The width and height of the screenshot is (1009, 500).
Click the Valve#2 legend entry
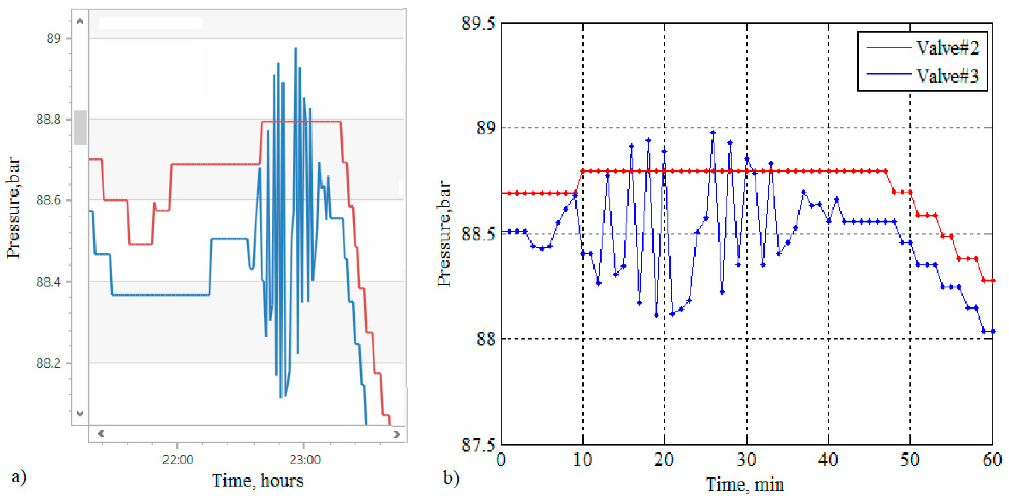coord(947,48)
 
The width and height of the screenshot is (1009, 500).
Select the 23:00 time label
coord(305,459)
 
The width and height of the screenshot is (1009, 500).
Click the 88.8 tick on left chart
coord(48,119)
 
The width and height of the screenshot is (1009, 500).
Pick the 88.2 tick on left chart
coord(48,363)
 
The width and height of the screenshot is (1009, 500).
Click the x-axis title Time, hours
coord(257,480)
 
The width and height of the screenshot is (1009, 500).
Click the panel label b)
coord(451,478)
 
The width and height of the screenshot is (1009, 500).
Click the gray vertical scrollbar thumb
coord(80,127)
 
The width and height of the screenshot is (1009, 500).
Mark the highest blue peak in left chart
coord(296,48)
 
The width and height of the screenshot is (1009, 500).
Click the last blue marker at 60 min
coord(992,331)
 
